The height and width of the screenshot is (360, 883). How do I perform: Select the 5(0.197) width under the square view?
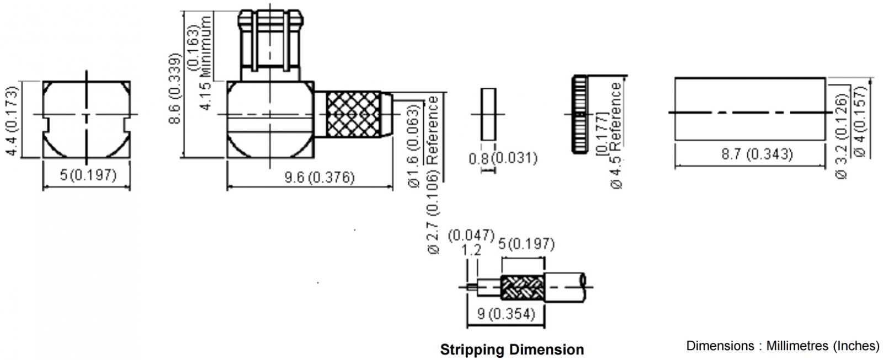tap(88, 176)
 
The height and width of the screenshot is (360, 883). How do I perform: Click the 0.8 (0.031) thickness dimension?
tap(502, 158)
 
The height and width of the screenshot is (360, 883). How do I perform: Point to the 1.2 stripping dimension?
tap(472, 250)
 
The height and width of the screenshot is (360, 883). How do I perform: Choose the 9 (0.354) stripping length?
tap(506, 314)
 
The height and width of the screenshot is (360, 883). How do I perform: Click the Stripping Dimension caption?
tap(512, 350)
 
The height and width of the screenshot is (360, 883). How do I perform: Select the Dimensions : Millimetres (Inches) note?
tap(783, 346)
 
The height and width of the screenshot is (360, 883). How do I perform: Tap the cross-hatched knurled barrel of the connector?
tap(353, 114)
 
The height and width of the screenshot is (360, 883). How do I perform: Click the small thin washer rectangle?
tap(488, 114)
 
